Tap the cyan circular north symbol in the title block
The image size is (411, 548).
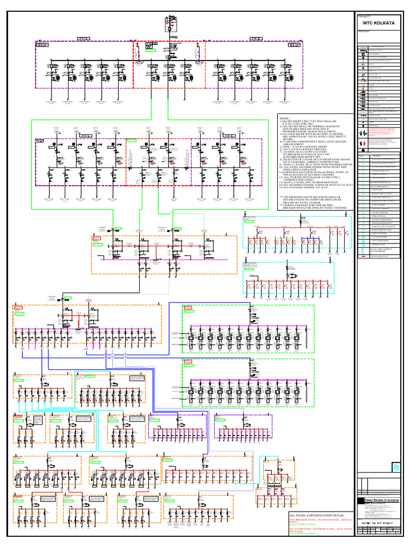click(396, 466)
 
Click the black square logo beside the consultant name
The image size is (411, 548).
click(361, 499)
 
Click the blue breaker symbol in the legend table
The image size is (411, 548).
click(363, 68)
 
